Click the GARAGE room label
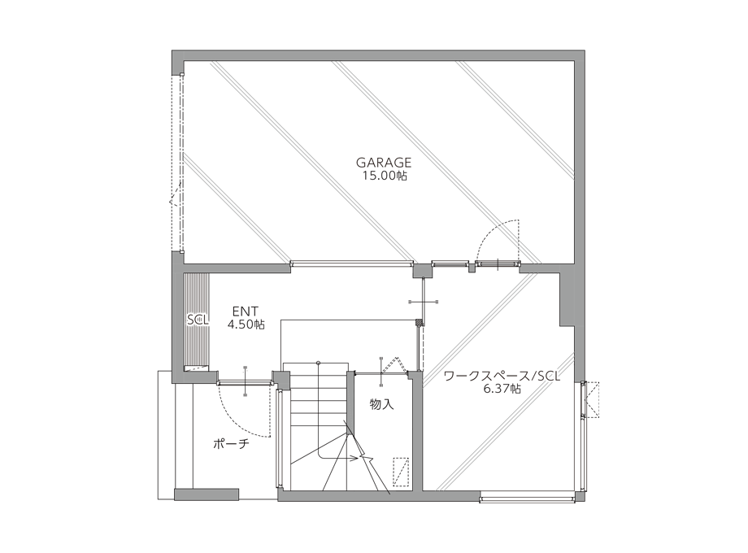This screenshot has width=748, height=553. pos(384,162)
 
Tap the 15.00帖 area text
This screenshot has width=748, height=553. pos(384,176)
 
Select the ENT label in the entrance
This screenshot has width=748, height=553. pos(246,311)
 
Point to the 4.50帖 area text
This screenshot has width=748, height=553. pos(246,324)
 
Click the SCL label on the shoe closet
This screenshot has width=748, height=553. pos(198,320)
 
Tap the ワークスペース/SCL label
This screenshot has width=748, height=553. pos(502,377)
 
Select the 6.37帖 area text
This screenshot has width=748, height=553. pos(502,389)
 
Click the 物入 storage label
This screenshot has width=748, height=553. pos(382,405)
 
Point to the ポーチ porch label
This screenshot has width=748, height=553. pos(232,444)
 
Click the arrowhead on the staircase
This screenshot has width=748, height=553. pos(355,459)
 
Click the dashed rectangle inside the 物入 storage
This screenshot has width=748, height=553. pos(401,472)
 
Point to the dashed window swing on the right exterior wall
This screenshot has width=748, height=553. pos(592,400)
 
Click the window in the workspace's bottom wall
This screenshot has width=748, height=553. pos(528,499)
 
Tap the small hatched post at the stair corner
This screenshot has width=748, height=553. pos(420,323)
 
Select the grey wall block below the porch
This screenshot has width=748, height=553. pos(207,494)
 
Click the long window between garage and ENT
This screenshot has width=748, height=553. pos(352,263)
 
